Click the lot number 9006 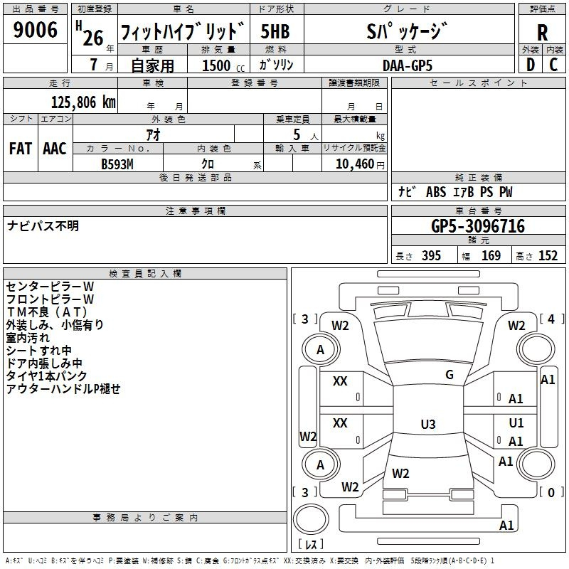click(x=35, y=29)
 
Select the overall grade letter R click(x=542, y=32)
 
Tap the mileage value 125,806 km click(x=83, y=102)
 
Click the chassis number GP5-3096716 click(x=478, y=225)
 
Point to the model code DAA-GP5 click(x=407, y=65)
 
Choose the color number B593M click(x=117, y=164)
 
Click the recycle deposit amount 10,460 click(x=354, y=164)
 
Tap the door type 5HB click(x=275, y=31)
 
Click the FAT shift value click(x=21, y=149)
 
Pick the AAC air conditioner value click(x=55, y=149)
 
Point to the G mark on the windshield click(x=450, y=374)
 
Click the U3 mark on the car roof click(x=428, y=424)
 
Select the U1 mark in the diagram click(x=516, y=422)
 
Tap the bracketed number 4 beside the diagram click(x=551, y=319)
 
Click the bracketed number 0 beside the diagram click(x=551, y=492)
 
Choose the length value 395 click(x=431, y=255)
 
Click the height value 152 click(x=548, y=255)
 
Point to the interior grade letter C click(x=553, y=65)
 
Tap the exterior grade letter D click(x=531, y=65)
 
